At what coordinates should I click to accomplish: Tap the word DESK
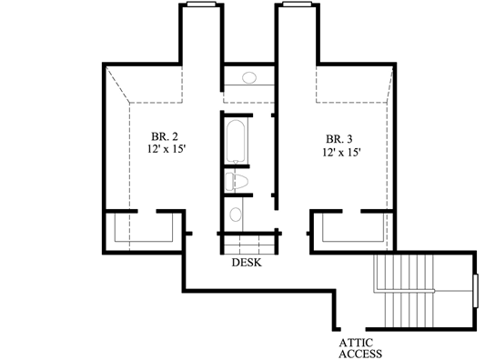coord(247,264)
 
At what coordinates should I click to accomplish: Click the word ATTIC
coord(357,343)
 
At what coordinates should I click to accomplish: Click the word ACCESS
coord(360,355)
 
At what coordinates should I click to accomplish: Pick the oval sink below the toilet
coord(236,215)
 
